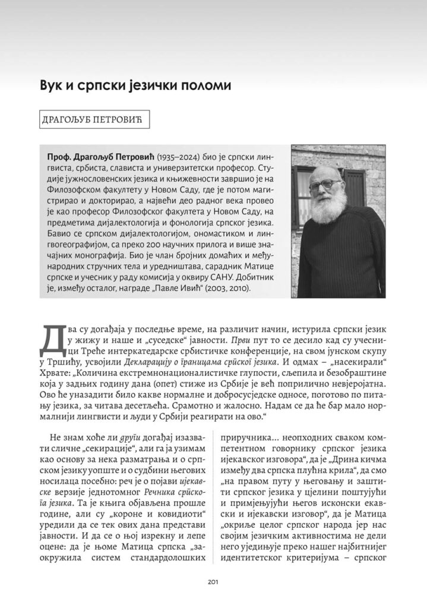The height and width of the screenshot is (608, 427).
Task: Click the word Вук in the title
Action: pos(52,85)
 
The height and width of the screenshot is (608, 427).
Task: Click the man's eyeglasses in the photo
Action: pos(324,185)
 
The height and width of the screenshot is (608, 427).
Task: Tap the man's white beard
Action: pos(327,208)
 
